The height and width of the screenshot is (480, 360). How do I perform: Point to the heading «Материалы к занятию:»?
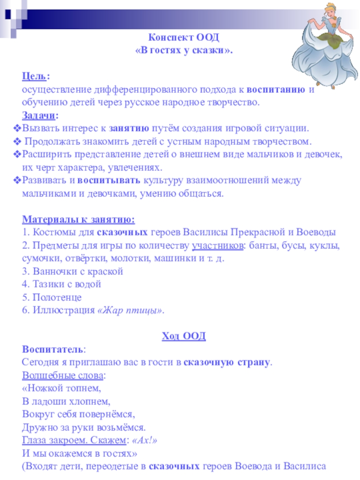[x=78, y=220]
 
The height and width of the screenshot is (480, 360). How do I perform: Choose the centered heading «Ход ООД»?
[x=183, y=336]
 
